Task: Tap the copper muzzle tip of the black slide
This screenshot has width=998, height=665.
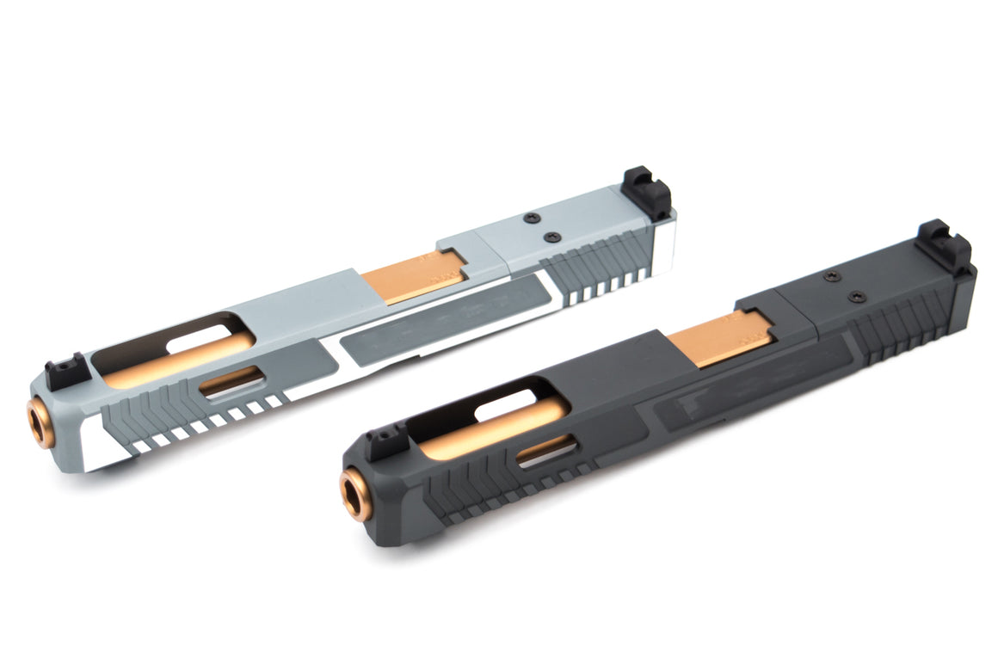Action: pyautogui.click(x=354, y=496)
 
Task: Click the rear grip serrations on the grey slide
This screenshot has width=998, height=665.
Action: pyautogui.click(x=602, y=262)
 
